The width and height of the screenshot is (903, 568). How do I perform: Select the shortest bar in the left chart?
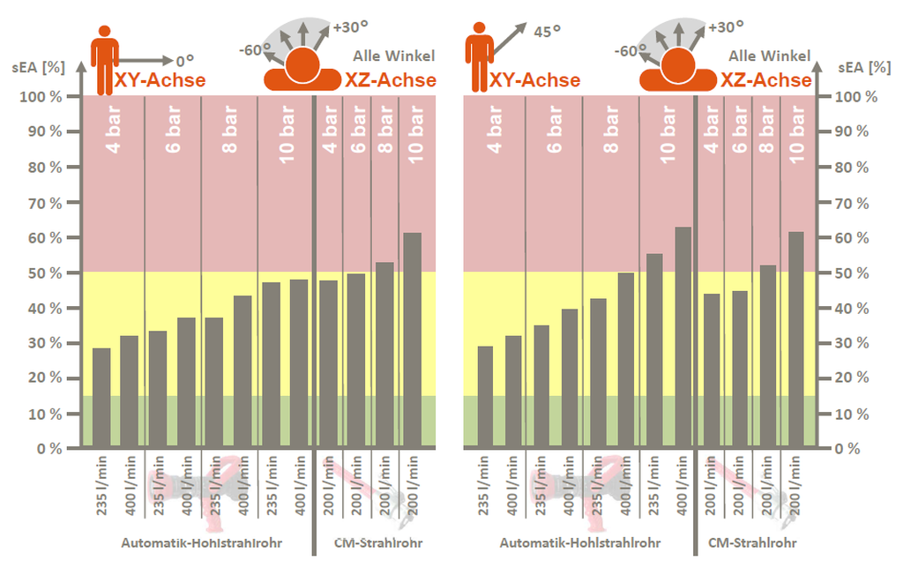point(101,398)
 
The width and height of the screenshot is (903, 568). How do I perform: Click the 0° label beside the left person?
point(184,61)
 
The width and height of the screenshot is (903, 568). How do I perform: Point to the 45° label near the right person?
point(547,33)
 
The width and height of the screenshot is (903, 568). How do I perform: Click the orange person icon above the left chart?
point(105,59)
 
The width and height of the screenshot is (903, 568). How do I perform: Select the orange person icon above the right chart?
point(479,57)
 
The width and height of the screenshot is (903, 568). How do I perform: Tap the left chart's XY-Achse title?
point(160,81)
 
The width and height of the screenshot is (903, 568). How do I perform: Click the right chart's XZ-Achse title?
point(766,81)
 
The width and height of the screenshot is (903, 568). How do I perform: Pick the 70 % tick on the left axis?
point(41,203)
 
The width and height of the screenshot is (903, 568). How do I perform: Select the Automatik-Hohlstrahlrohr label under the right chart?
point(579,543)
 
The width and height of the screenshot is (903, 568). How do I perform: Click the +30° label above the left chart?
point(349,27)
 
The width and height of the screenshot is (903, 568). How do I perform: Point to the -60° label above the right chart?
point(628,51)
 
